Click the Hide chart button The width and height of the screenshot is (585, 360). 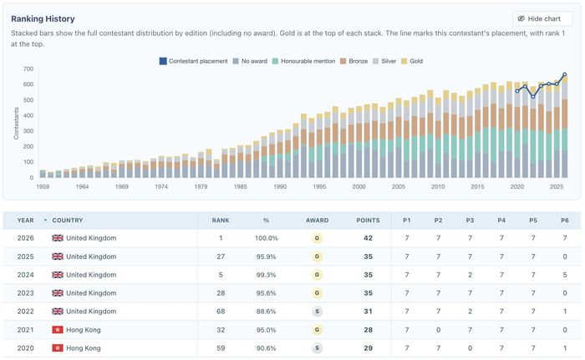pyautogui.click(x=542, y=18)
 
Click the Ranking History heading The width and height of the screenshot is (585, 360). pyautogui.click(x=43, y=18)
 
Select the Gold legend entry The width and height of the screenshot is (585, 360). pyautogui.click(x=412, y=61)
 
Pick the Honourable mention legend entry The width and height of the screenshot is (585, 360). pyautogui.click(x=303, y=61)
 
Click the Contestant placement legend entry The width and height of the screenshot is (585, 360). pyautogui.click(x=193, y=61)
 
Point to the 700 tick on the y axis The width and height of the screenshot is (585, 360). pyautogui.click(x=28, y=68)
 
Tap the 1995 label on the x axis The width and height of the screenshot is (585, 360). pyautogui.click(x=319, y=186)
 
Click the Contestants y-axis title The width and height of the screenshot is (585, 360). pyautogui.click(x=16, y=124)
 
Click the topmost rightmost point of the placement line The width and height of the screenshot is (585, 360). pyautogui.click(x=564, y=74)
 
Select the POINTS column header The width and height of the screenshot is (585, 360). pyautogui.click(x=368, y=221)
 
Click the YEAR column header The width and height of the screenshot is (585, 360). pyautogui.click(x=25, y=221)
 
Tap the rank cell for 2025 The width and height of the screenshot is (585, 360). pyautogui.click(x=221, y=256)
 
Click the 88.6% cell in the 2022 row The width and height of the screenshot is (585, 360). pyautogui.click(x=266, y=312)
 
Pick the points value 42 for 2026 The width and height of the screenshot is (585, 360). pyautogui.click(x=368, y=238)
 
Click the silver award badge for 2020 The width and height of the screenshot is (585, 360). pyautogui.click(x=317, y=348)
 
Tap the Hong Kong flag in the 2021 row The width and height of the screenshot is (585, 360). pyautogui.click(x=58, y=330)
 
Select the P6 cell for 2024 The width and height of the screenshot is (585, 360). pyautogui.click(x=565, y=275)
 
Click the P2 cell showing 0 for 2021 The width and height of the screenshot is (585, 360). pyautogui.click(x=439, y=330)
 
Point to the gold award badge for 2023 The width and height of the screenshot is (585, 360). pyautogui.click(x=317, y=293)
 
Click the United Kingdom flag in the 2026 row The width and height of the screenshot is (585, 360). pyautogui.click(x=58, y=238)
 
